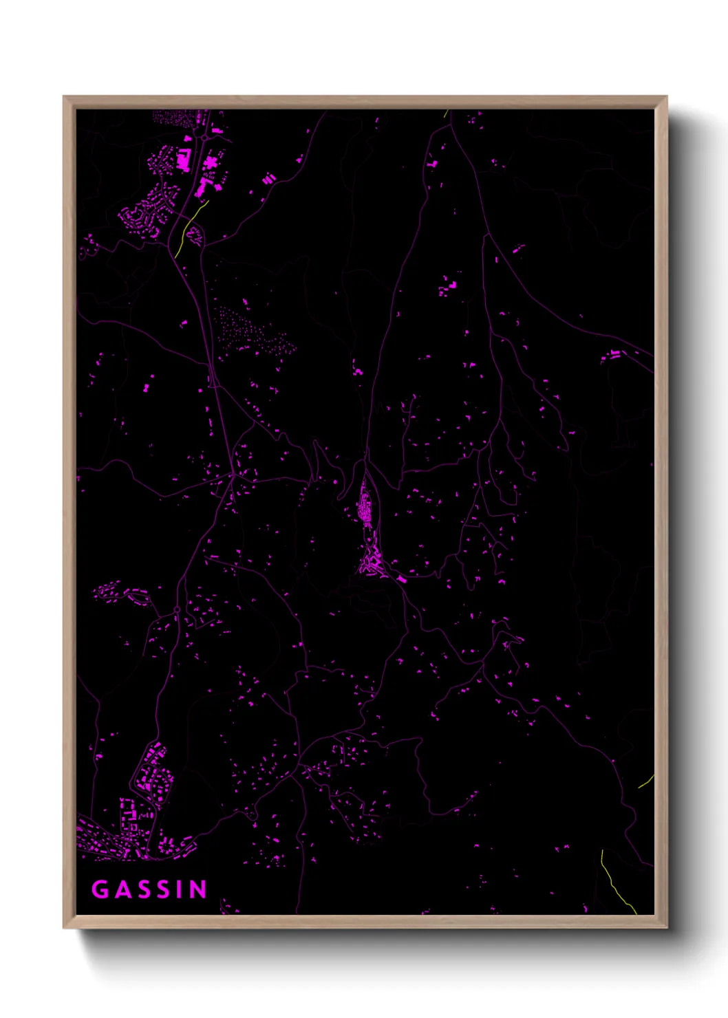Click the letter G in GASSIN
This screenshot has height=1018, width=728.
(x=100, y=889)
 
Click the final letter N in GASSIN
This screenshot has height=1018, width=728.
(x=198, y=889)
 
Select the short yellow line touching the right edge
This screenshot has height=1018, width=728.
(x=646, y=781)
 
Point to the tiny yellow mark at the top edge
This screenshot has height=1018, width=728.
(x=447, y=113)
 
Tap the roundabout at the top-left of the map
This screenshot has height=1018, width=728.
(x=204, y=138)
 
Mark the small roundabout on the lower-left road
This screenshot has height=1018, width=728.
(x=177, y=609)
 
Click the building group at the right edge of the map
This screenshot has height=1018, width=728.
(x=612, y=356)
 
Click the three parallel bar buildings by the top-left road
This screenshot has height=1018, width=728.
(x=269, y=179)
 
